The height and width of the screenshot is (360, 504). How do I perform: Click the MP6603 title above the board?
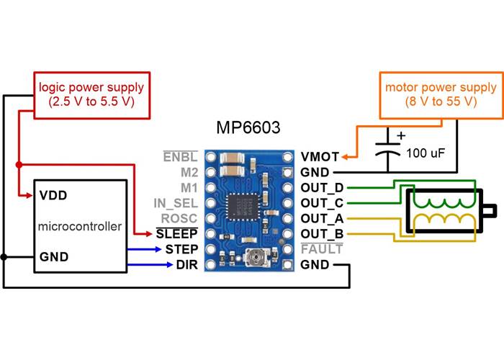tap(248, 129)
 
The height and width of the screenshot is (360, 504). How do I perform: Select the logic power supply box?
tap(91, 94)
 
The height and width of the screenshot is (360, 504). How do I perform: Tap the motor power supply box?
tap(431, 94)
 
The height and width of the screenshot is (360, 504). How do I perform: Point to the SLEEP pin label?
tap(177, 233)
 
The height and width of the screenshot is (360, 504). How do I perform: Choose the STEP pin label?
tap(181, 249)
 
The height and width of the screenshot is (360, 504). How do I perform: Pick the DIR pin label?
tap(186, 264)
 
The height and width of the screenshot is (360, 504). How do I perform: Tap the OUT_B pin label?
tap(322, 233)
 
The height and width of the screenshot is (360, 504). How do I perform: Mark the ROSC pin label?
tap(180, 218)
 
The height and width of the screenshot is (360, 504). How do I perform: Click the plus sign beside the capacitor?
tap(400, 135)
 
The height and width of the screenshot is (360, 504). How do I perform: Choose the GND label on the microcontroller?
tap(55, 256)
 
